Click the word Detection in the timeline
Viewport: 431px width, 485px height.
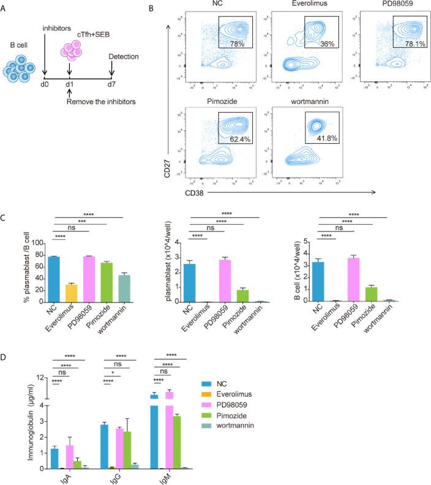111,56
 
